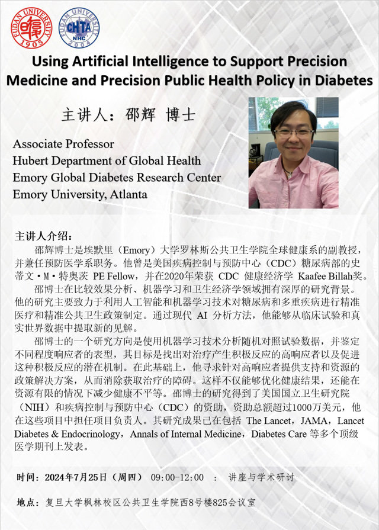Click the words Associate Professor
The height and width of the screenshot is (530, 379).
(x=63, y=144)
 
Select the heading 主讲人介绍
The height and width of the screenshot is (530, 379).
(x=43, y=236)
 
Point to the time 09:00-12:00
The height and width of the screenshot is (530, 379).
(x=177, y=477)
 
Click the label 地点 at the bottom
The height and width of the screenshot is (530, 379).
(x=25, y=502)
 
